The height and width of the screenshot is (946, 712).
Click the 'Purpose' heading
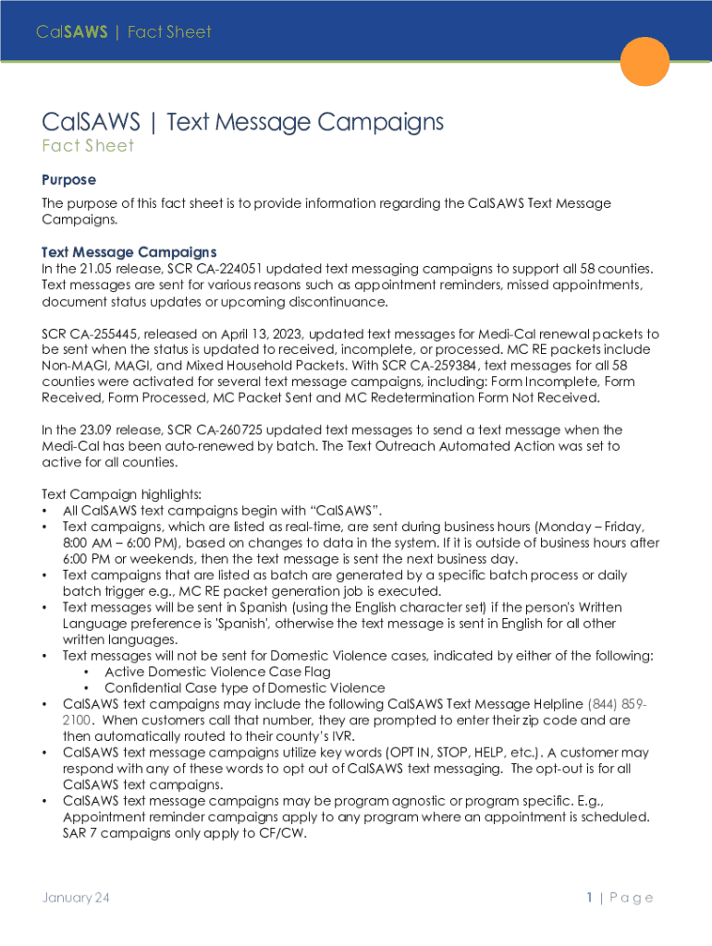click(68, 179)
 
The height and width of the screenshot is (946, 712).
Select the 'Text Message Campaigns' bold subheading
click(129, 252)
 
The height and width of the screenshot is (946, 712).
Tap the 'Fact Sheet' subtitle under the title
click(88, 146)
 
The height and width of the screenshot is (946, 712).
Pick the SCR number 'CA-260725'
click(268, 430)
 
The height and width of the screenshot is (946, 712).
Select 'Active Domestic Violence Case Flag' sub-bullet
click(217, 672)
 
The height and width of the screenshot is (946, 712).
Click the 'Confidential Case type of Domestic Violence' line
click(244, 688)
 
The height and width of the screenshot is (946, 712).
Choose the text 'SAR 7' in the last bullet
click(80, 833)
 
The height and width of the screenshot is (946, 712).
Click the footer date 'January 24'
click(76, 897)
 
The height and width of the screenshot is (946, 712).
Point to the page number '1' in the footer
click(588, 897)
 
